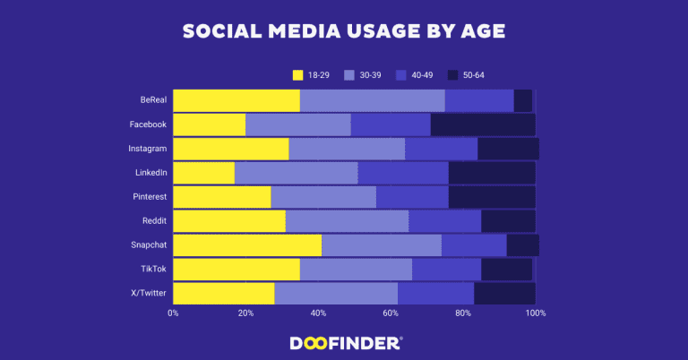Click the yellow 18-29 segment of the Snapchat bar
[247, 245]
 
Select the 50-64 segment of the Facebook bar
[483, 124]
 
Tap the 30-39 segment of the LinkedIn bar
[296, 173]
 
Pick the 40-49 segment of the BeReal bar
[479, 100]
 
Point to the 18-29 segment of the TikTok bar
[236, 270]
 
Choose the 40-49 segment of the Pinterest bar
[412, 197]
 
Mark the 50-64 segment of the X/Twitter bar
[504, 294]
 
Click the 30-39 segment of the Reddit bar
[347, 221]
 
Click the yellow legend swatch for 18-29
[299, 74]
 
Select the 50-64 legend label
[473, 74]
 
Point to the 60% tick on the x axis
[391, 313]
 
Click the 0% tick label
[173, 313]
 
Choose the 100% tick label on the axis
[536, 313]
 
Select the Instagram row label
[147, 149]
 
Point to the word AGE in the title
[478, 31]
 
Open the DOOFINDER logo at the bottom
[346, 343]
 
